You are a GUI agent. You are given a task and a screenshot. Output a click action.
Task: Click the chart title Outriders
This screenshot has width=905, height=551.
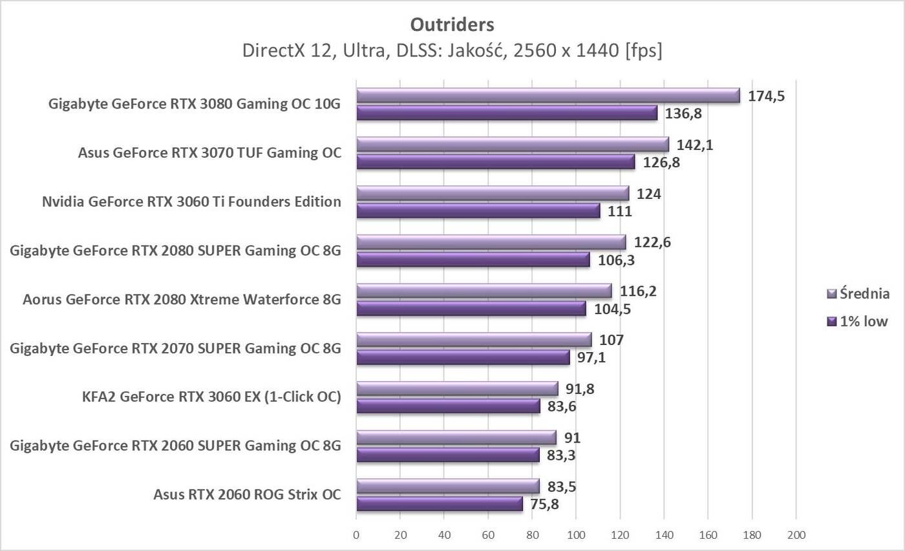(x=452, y=25)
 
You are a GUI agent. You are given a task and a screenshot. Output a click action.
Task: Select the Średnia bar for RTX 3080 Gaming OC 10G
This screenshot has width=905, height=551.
(x=548, y=96)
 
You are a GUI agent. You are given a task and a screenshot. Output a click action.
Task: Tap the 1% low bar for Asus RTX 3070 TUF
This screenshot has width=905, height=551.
(x=495, y=162)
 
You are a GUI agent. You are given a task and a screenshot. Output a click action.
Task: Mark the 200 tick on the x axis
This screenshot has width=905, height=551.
(x=796, y=535)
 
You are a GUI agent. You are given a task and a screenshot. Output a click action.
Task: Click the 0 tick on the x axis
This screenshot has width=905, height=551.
(x=356, y=535)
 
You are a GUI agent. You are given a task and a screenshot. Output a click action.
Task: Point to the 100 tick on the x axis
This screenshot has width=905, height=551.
(x=576, y=535)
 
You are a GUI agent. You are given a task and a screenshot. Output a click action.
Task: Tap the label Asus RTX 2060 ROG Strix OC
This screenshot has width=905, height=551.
(x=247, y=495)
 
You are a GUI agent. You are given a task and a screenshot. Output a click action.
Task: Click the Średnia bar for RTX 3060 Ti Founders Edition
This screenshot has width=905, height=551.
(x=493, y=193)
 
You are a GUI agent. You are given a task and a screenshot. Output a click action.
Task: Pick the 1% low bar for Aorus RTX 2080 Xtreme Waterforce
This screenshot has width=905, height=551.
(x=471, y=309)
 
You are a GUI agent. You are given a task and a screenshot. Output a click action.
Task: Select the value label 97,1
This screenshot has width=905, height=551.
(x=591, y=358)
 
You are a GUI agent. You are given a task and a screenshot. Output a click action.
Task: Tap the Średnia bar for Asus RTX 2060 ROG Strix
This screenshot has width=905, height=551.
(x=447, y=486)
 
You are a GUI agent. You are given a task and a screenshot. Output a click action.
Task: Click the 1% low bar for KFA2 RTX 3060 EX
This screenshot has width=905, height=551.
(x=448, y=406)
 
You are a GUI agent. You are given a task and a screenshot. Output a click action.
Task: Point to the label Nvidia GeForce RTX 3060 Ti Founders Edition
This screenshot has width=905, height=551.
(x=191, y=202)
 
